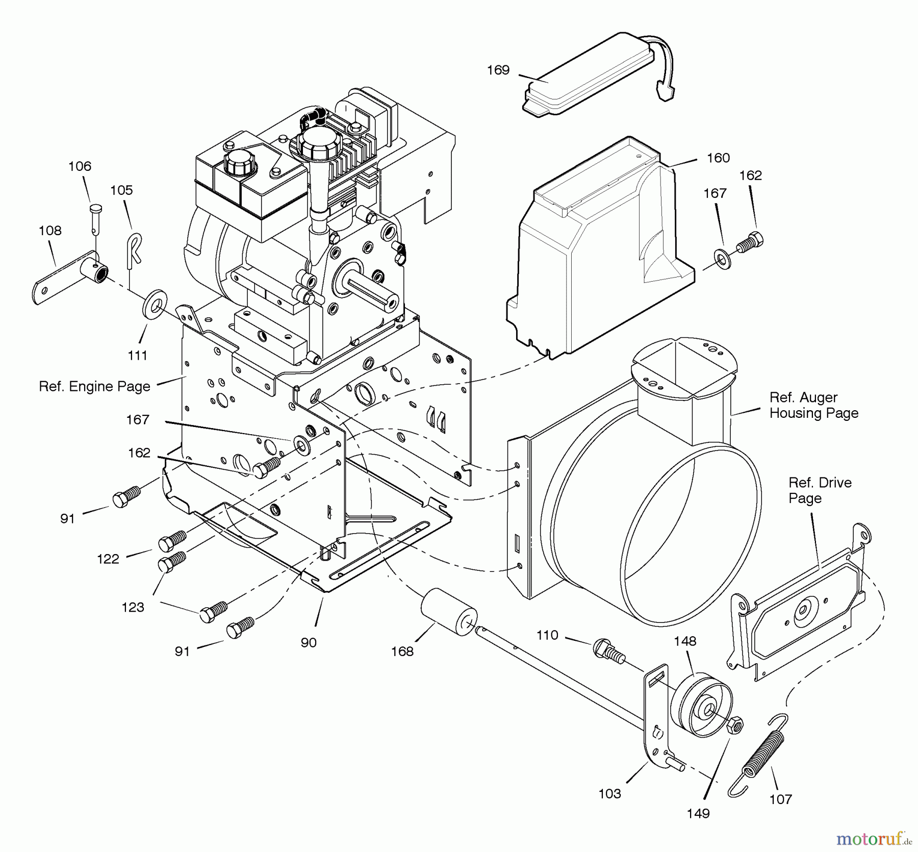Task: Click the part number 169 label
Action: (498, 70)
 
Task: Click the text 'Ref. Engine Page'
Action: (95, 387)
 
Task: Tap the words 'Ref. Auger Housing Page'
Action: (813, 405)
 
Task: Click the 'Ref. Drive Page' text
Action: (820, 490)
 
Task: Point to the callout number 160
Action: (718, 158)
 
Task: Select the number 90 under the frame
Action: (309, 643)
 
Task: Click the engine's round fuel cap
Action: (315, 142)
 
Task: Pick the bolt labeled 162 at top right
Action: (751, 241)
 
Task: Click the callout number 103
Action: (609, 794)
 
